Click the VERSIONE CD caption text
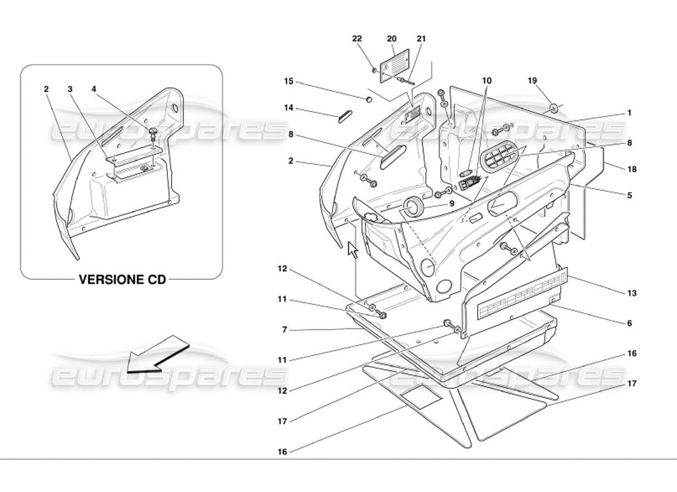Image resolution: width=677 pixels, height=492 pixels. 122,279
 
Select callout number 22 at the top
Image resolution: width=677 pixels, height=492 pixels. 357,38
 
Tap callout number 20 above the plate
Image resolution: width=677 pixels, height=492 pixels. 391,38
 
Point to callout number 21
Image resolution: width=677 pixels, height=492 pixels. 421,38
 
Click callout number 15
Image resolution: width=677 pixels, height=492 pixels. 289,81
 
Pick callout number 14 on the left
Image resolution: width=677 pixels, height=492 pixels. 289,108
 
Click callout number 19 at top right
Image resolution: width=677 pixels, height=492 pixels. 532,81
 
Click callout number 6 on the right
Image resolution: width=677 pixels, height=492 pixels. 629,323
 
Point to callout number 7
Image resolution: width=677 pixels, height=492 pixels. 284,330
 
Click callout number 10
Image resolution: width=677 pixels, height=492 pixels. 487,81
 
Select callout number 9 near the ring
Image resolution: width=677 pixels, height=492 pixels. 451,204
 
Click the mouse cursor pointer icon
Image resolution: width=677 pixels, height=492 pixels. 353,250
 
